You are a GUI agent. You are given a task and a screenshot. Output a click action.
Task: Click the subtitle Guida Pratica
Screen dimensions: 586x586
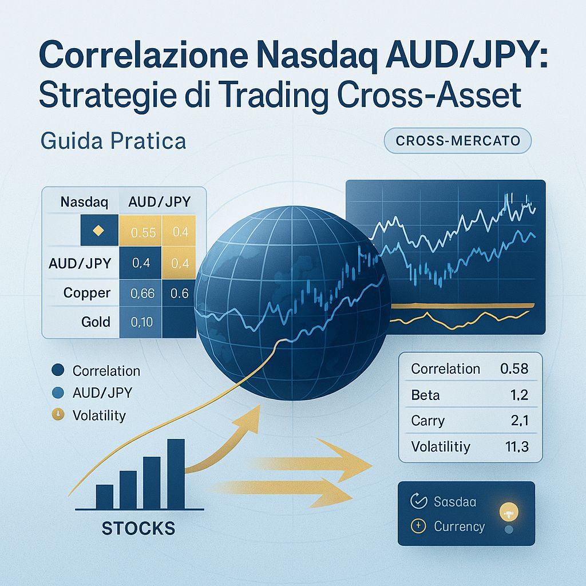pyautogui.click(x=112, y=141)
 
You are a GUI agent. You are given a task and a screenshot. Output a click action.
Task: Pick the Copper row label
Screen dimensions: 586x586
pyautogui.click(x=86, y=292)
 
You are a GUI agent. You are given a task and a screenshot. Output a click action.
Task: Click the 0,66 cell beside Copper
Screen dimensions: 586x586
pyautogui.click(x=142, y=294)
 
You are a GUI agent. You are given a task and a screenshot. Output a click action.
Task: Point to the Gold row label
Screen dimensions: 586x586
pyautogui.click(x=96, y=322)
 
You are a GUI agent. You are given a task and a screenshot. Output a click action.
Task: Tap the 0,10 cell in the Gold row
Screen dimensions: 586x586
pyautogui.click(x=141, y=322)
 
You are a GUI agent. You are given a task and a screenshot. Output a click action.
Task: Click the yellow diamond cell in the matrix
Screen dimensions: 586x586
pyautogui.click(x=97, y=231)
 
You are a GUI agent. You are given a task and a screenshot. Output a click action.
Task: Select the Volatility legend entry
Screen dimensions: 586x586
pyautogui.click(x=98, y=415)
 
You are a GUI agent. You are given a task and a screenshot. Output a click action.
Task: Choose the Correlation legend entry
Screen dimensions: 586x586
pyautogui.click(x=106, y=371)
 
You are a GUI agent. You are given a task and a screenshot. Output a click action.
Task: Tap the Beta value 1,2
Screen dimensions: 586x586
pyautogui.click(x=517, y=395)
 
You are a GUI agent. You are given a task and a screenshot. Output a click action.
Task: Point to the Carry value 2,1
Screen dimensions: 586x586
pyautogui.click(x=517, y=421)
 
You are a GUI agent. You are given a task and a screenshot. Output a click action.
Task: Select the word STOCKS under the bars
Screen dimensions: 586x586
pyautogui.click(x=138, y=527)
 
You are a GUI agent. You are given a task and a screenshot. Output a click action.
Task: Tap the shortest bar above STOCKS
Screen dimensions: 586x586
pyautogui.click(x=105, y=496)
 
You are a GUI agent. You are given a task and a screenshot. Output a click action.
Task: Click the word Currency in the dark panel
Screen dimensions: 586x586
pyautogui.click(x=459, y=526)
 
